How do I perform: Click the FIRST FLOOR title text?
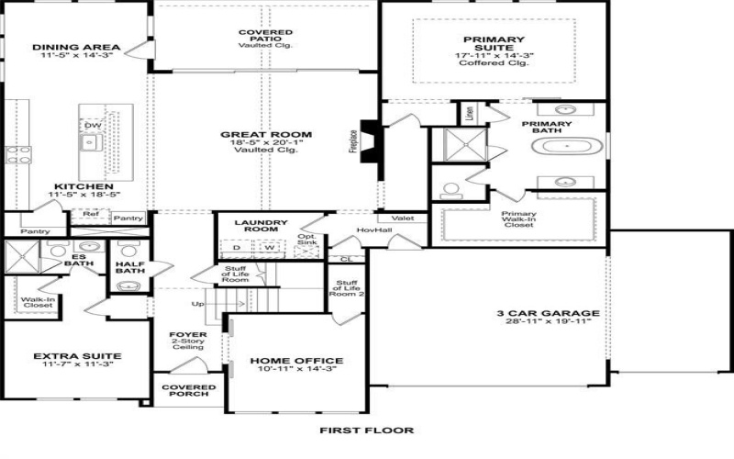pyautogui.click(x=366, y=430)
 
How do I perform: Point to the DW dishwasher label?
pyautogui.click(x=93, y=126)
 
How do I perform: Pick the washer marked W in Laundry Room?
pyautogui.click(x=271, y=247)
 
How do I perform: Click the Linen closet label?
pyautogui.click(x=470, y=114)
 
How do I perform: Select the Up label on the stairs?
pyautogui.click(x=195, y=304)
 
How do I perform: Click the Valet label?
pyautogui.click(x=407, y=218)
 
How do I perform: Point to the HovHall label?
pyautogui.click(x=368, y=229)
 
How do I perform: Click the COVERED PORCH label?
pyautogui.click(x=189, y=391)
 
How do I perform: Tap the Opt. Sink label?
pyautogui.click(x=306, y=241)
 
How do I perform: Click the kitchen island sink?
pyautogui.click(x=90, y=142)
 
